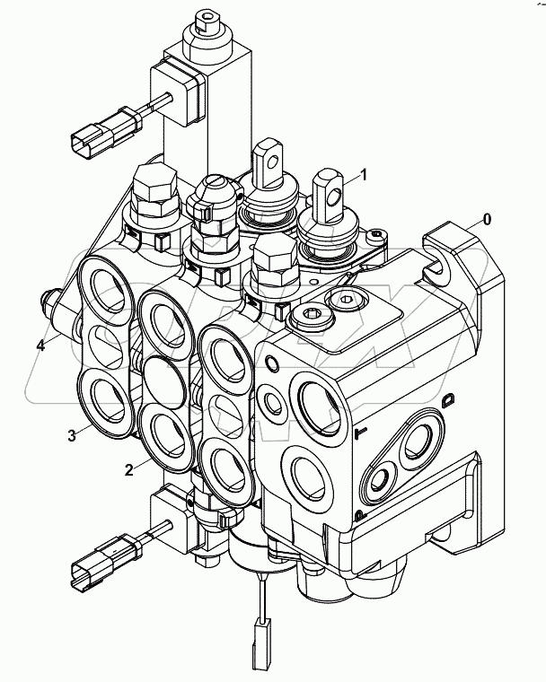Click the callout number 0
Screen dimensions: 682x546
(x=486, y=218)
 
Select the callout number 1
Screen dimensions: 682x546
(x=364, y=173)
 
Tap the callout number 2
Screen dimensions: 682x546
(x=129, y=468)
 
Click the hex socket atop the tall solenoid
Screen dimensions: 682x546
(x=208, y=21)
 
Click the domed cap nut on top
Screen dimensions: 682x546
(x=213, y=191)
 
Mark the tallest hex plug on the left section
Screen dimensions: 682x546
(x=155, y=190)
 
